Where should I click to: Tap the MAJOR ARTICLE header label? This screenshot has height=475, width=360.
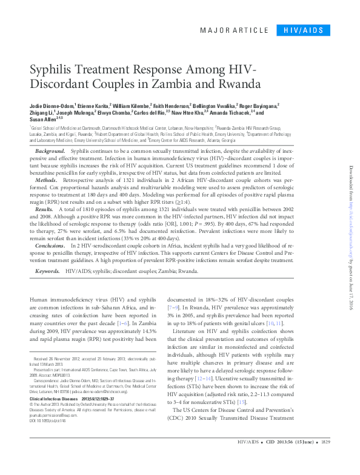(233, 30)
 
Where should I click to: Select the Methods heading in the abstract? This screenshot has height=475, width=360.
(47, 181)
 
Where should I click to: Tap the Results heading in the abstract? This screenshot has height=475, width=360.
(44, 207)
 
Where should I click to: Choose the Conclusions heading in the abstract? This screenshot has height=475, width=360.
(50, 244)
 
